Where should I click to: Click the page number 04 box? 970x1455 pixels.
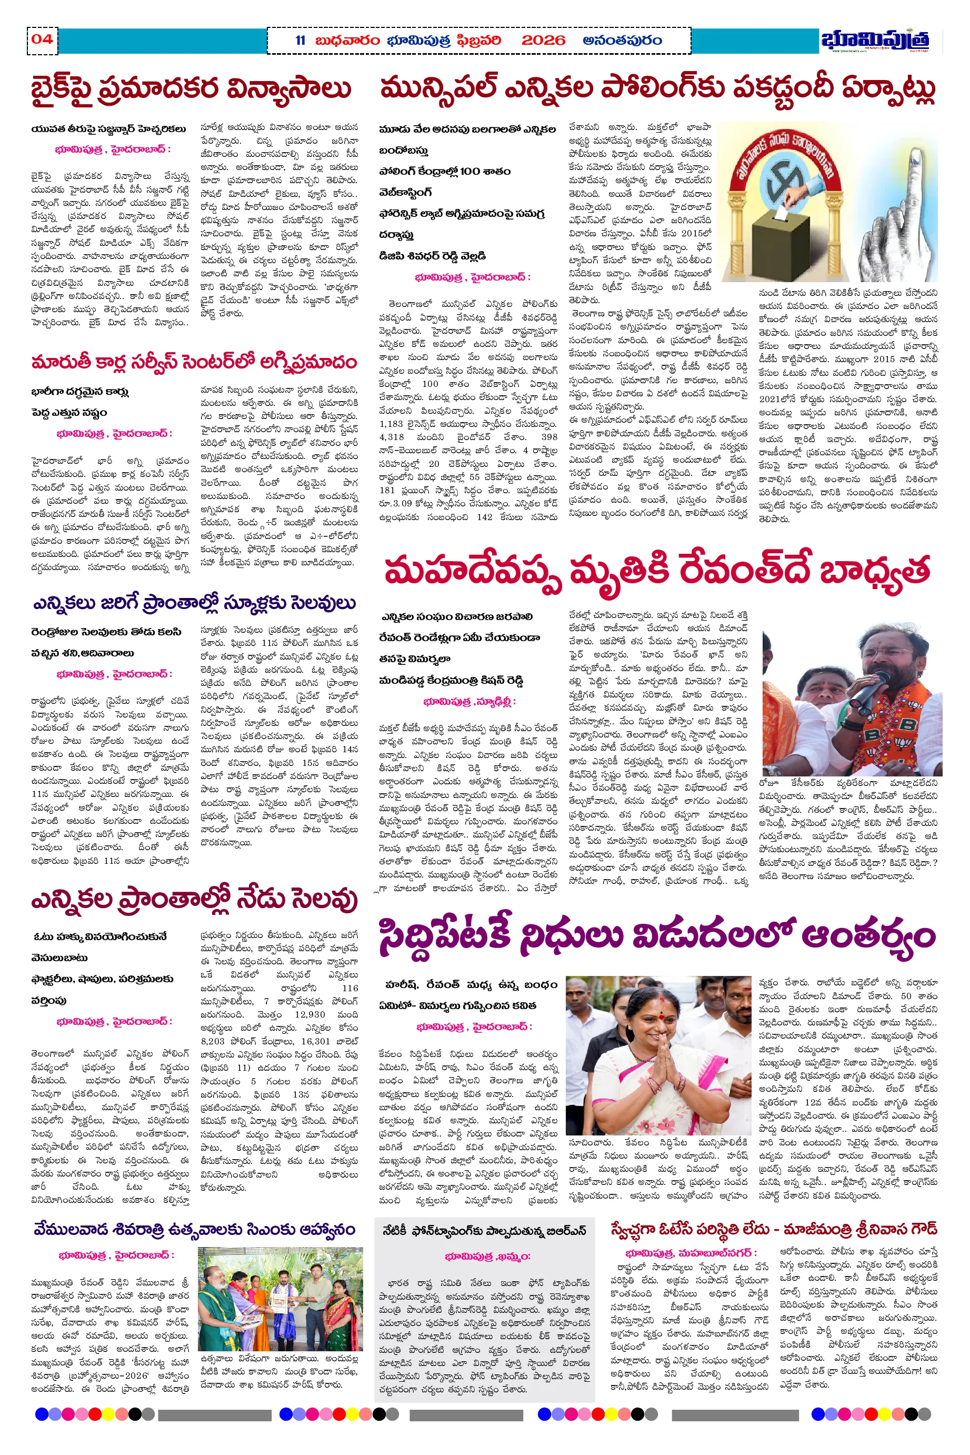click(x=42, y=40)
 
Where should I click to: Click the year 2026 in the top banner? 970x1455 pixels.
click(x=543, y=41)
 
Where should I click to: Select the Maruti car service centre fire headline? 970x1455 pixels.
click(x=194, y=361)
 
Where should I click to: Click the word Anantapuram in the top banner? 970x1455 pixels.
click(x=622, y=41)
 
